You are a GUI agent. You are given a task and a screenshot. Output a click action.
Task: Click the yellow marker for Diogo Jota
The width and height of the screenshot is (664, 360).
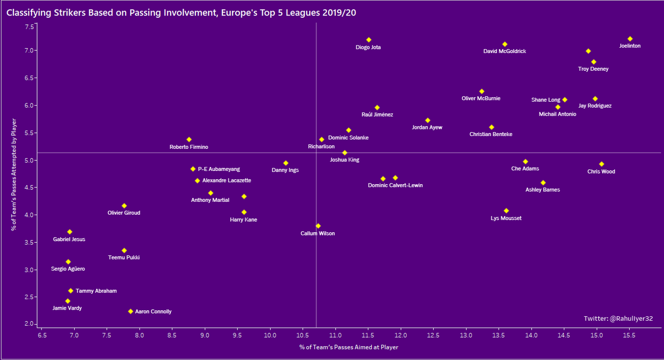[x=369, y=40]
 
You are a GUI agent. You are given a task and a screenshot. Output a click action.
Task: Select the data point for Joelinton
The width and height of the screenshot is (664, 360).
[x=630, y=39]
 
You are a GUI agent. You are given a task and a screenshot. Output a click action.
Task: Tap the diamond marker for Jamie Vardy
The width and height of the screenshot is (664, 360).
[x=68, y=301]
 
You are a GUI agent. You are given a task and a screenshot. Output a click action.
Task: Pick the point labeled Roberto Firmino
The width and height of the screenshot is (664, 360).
[x=189, y=139]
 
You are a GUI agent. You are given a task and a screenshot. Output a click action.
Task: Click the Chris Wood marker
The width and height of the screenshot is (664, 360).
[x=601, y=164]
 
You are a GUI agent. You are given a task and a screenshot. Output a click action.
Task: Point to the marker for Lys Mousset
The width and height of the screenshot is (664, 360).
[x=506, y=211]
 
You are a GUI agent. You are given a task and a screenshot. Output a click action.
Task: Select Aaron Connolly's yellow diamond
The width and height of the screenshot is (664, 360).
[x=131, y=311]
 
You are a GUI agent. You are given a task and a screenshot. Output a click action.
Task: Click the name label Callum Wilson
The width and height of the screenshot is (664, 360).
[x=318, y=233]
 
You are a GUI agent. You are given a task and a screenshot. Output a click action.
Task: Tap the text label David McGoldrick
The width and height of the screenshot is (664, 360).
[x=505, y=51]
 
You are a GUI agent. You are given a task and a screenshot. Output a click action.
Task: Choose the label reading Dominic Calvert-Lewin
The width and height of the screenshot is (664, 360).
[x=395, y=185]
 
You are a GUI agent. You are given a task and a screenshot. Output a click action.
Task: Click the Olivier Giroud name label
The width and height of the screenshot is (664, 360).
[x=124, y=213]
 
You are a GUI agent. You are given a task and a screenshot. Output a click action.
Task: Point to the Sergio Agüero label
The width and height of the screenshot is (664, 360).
[x=68, y=269]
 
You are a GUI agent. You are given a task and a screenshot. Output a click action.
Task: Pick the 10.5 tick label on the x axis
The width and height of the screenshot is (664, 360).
[x=302, y=335]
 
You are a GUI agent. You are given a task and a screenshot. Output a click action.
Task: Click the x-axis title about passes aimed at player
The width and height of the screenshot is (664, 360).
[x=349, y=347]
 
